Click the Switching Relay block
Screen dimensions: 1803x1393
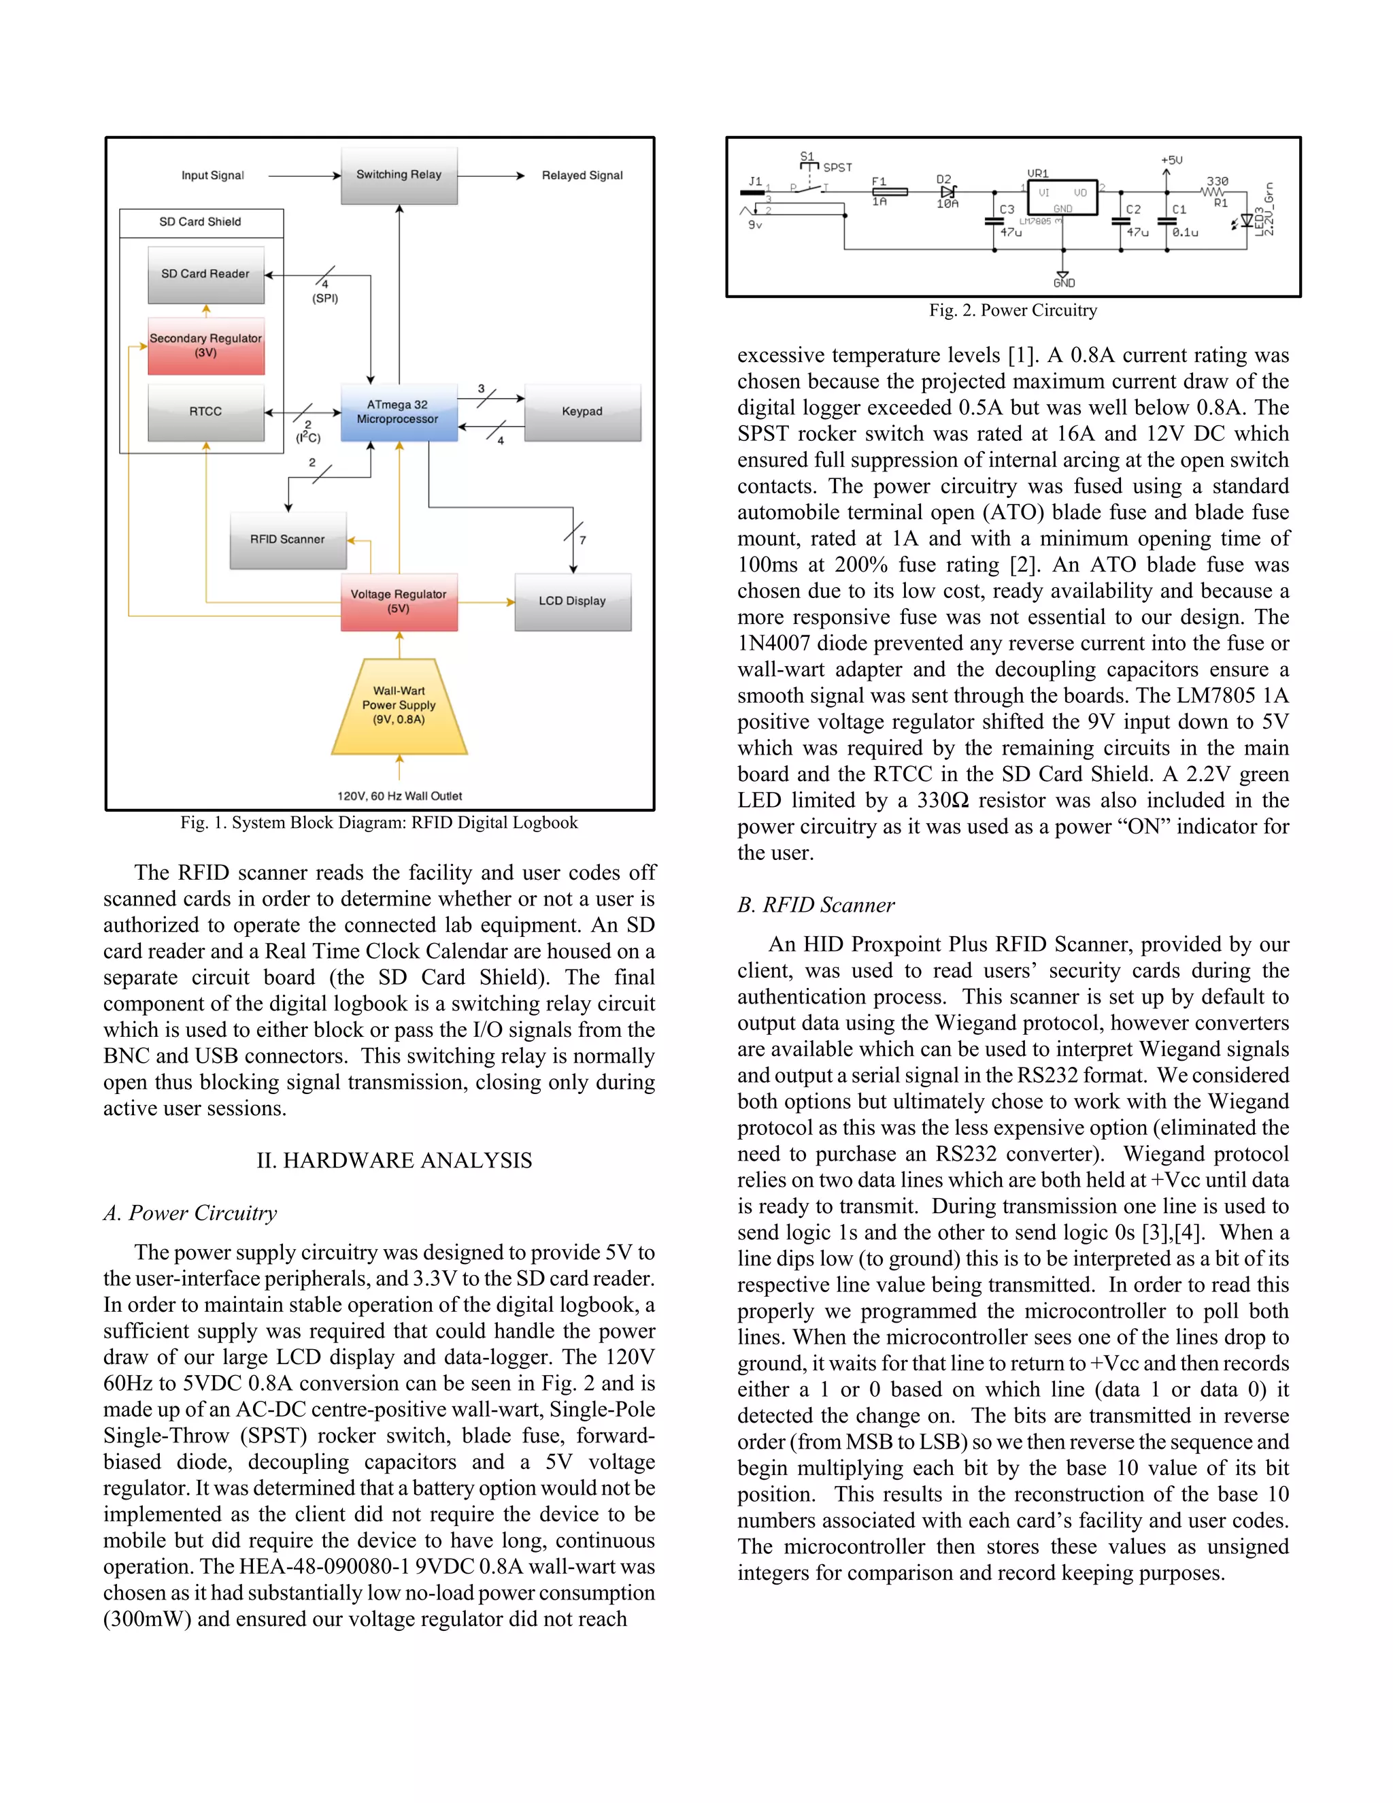tap(399, 175)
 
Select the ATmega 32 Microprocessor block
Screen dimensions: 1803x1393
tap(399, 412)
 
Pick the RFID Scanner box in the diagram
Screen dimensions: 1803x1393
tap(287, 540)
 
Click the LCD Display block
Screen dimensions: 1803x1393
tap(572, 602)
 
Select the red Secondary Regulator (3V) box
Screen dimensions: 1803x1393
tap(205, 346)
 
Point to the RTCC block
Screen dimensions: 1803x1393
tap(205, 412)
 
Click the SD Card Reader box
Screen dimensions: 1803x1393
tap(205, 274)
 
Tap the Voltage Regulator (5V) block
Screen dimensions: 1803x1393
tap(399, 602)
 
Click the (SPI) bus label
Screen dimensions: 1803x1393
tap(324, 299)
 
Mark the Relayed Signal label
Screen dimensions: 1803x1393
tap(582, 176)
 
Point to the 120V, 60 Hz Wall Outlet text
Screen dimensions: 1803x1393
tap(399, 796)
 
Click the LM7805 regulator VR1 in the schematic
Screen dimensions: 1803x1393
tap(1061, 198)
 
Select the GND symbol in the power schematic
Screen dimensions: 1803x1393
tap(1063, 279)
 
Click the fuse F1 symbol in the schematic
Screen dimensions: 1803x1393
tap(890, 192)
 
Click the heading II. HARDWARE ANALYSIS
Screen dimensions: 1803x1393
tap(394, 1161)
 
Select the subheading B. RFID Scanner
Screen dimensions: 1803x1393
tap(816, 906)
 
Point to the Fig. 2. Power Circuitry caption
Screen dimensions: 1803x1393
tap(1013, 310)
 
